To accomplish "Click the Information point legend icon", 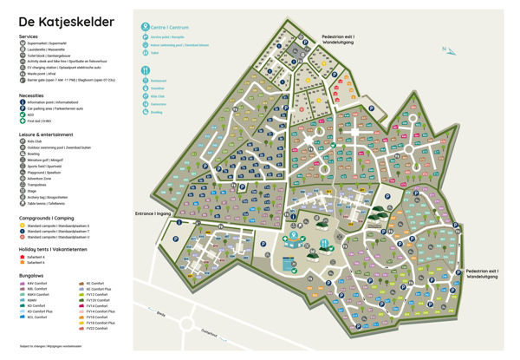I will (22, 102).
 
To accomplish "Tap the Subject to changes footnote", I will (52, 349).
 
